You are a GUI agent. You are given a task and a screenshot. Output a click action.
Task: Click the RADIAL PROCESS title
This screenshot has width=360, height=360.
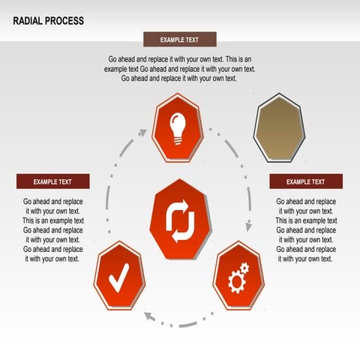coord(49,21)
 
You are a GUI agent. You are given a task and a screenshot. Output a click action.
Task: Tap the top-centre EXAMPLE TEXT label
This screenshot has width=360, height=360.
coord(180,40)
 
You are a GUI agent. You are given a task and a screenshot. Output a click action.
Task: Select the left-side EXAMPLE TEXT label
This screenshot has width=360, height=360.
coord(52,181)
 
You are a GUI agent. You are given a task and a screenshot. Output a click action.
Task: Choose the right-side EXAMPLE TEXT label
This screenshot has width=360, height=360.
coord(306,181)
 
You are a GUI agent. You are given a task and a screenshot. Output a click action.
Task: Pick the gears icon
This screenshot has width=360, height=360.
coord(239,278)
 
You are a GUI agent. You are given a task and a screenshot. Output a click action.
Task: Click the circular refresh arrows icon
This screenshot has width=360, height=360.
coord(180,221)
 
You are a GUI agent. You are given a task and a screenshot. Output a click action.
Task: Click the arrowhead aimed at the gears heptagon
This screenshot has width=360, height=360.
coord(245,229)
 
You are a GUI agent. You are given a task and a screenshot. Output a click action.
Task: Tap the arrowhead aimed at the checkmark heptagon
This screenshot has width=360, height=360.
coord(149,315)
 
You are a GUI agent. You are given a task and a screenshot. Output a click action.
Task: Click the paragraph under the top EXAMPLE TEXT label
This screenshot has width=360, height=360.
coord(180,68)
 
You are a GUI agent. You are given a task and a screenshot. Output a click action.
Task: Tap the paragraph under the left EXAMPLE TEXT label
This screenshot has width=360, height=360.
coord(52,230)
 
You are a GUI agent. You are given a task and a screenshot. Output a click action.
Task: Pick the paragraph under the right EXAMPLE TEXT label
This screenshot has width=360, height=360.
coord(306,230)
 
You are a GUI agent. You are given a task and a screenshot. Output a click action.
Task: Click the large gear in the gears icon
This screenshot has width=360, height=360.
coord(235,282)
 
